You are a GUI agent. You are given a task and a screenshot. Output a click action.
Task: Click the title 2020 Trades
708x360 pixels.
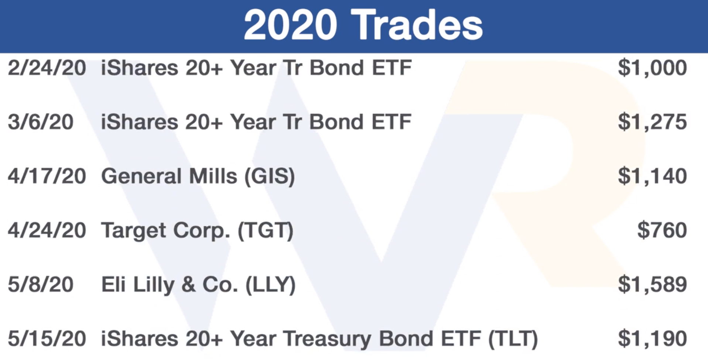click(x=363, y=25)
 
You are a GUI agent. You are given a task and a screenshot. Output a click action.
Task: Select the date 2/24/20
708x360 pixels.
click(x=47, y=68)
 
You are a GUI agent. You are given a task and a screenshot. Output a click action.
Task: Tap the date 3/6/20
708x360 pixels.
click(x=41, y=122)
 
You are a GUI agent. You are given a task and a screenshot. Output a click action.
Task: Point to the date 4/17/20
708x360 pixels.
click(x=47, y=176)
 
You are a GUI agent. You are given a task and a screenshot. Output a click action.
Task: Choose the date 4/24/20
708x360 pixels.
click(x=47, y=230)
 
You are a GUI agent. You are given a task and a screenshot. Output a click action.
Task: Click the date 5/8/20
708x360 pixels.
click(x=41, y=285)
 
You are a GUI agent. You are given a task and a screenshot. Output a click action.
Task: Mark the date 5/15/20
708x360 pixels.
click(x=47, y=339)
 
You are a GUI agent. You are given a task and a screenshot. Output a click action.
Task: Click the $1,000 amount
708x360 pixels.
click(x=652, y=68)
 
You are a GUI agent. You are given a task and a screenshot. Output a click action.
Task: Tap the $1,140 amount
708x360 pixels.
click(x=652, y=176)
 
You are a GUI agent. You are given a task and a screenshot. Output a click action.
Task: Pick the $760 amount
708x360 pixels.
click(x=662, y=230)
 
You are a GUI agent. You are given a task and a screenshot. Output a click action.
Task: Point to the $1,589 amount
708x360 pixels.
click(x=652, y=285)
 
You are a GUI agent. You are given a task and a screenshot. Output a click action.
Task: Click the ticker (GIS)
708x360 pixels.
click(x=270, y=176)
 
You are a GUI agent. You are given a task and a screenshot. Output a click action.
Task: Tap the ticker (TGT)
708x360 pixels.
click(x=266, y=231)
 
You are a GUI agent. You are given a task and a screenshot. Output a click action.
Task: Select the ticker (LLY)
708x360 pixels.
click(x=271, y=285)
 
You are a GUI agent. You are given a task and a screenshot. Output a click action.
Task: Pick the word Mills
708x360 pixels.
click(x=213, y=176)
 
